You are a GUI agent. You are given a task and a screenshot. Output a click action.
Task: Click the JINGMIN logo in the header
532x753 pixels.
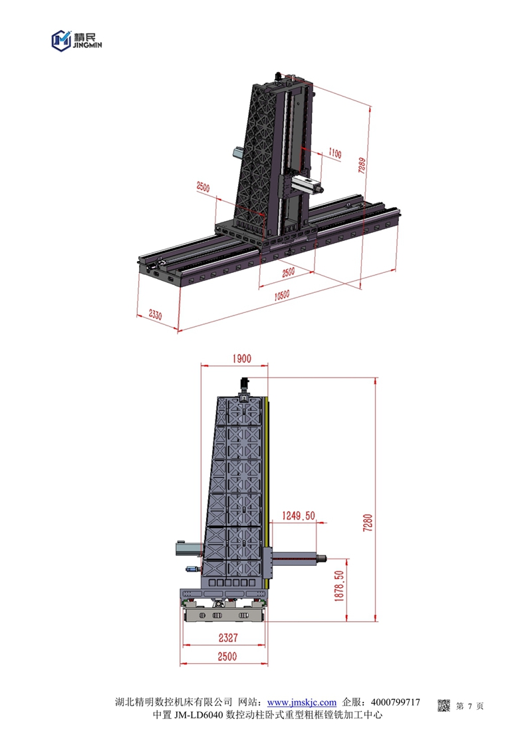tap(76, 41)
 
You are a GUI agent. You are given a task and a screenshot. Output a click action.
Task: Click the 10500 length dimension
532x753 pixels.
tap(281, 295)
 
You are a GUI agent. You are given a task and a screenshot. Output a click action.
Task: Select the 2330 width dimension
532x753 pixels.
tap(155, 314)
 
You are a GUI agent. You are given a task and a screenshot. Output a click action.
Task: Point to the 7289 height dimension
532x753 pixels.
tap(362, 165)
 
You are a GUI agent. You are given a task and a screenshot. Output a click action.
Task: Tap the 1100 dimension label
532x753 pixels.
tap(335, 153)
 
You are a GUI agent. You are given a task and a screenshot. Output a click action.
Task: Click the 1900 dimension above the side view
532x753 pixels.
tap(242, 358)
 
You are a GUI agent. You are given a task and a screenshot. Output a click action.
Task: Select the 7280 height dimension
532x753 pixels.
tap(368, 522)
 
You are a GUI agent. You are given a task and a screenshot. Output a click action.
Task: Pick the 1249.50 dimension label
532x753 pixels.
tap(298, 516)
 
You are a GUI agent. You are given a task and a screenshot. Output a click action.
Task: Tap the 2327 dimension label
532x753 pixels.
tap(228, 637)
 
